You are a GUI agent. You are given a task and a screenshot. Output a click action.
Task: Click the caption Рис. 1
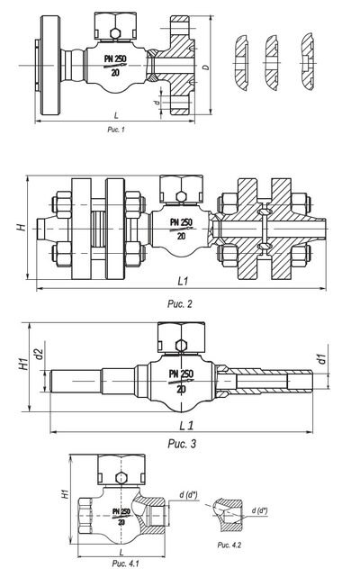tap(116, 129)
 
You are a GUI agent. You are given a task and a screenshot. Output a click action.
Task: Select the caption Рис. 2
tap(180, 304)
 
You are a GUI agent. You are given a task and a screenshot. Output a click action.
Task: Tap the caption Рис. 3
tap(182, 444)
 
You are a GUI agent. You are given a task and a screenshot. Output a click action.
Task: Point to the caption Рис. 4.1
tap(125, 563)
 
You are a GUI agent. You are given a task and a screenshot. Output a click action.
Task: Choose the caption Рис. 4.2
tap(229, 545)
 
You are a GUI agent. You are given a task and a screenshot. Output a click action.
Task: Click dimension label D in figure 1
tap(206, 67)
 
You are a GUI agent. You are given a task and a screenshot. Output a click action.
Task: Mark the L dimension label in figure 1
tap(116, 115)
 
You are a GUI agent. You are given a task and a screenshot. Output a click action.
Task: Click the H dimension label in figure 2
tap(22, 227)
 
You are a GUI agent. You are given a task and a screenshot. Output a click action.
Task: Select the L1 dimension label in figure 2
tap(183, 281)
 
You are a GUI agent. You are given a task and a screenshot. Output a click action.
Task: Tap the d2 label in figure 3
tap(40, 355)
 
